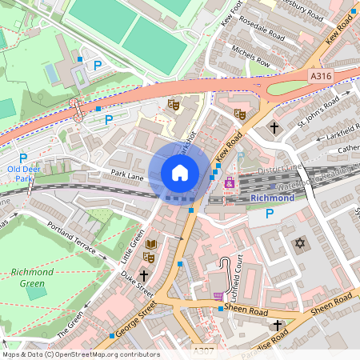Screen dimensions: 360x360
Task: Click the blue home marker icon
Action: click(x=179, y=173)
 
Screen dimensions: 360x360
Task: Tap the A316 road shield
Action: click(x=319, y=74)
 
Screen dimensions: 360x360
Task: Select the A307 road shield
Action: click(x=204, y=350)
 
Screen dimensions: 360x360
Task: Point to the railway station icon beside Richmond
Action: click(x=230, y=183)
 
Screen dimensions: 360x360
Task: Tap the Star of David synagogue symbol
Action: click(x=302, y=242)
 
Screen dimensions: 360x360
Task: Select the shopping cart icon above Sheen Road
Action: click(x=218, y=296)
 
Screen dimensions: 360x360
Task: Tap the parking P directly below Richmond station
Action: click(x=270, y=214)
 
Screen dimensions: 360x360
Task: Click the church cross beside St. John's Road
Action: click(x=274, y=127)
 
